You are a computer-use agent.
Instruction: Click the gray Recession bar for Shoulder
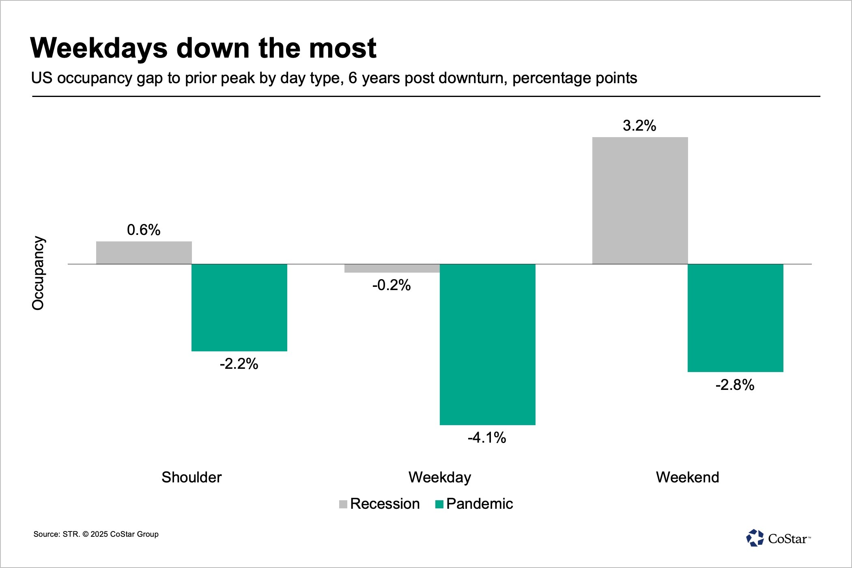coord(144,253)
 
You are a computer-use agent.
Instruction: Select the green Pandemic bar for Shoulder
coord(239,308)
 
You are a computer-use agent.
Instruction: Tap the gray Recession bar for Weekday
coord(392,268)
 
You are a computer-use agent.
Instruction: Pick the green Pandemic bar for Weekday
coord(488,344)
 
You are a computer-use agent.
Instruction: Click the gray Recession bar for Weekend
coord(640,200)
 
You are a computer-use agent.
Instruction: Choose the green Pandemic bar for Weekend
coord(736,318)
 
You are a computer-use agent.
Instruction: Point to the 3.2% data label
coord(639,126)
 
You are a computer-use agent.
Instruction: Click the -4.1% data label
coord(487,438)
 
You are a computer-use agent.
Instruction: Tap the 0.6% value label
coord(144,230)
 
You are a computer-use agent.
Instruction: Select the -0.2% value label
coord(392,285)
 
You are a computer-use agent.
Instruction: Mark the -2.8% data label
coord(735,385)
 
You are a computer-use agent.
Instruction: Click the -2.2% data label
coord(239,364)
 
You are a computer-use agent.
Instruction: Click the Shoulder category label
coord(191,477)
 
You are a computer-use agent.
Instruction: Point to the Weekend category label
coord(688,477)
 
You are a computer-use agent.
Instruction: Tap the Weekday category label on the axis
coord(440,478)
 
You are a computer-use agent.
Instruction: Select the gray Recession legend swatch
coord(343,504)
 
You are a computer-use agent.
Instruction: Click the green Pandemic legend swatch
coord(439,504)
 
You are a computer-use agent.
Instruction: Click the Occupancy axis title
coord(38,273)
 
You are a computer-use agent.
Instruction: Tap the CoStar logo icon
coord(755,538)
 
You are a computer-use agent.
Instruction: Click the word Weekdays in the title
coord(99,48)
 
